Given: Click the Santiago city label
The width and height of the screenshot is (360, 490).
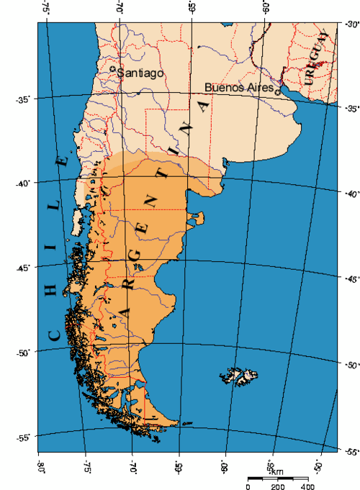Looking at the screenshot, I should point(142,73).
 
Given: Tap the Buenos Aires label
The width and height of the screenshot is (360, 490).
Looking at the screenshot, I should point(239,87).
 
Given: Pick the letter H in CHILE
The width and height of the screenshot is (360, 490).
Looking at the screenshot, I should point(52,289).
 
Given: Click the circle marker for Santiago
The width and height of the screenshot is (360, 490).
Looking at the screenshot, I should point(114,70).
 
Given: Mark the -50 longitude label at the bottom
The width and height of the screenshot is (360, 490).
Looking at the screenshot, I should point(317,466).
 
